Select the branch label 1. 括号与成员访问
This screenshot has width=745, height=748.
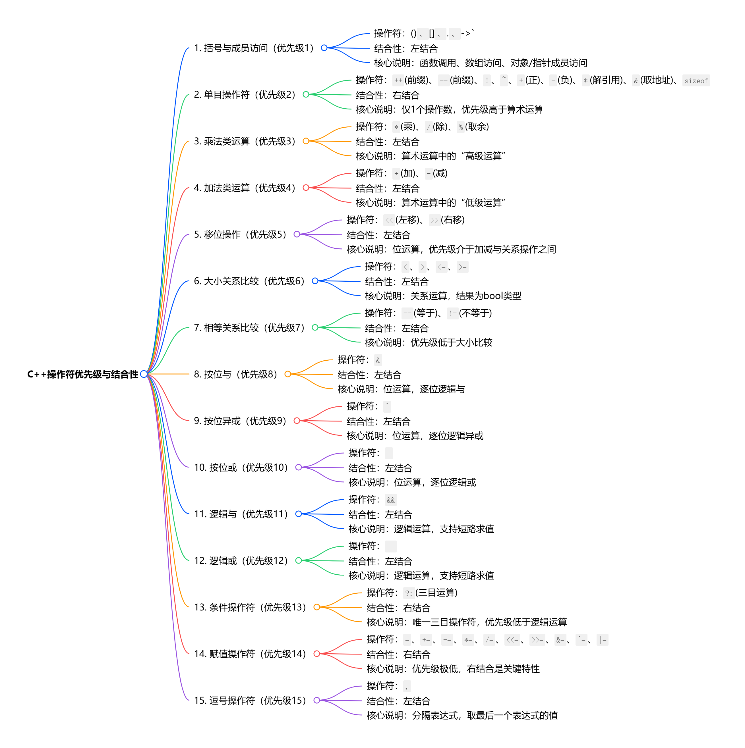click(254, 48)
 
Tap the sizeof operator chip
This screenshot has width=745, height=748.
click(696, 80)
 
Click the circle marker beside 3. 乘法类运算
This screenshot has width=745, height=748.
click(306, 141)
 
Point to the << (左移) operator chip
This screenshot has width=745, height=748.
click(389, 220)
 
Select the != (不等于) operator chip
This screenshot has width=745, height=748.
click(452, 313)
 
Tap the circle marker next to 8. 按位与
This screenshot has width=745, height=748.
click(287, 374)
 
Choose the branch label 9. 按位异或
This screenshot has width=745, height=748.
click(240, 421)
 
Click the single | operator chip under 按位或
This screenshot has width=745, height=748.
click(389, 453)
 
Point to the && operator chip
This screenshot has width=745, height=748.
click(390, 500)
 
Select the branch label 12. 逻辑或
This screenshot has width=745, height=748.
click(241, 561)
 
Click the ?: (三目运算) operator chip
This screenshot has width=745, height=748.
click(408, 593)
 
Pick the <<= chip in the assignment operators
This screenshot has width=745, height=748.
click(512, 640)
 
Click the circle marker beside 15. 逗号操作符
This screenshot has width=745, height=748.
click(316, 700)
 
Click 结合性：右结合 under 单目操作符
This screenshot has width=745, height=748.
click(387, 95)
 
